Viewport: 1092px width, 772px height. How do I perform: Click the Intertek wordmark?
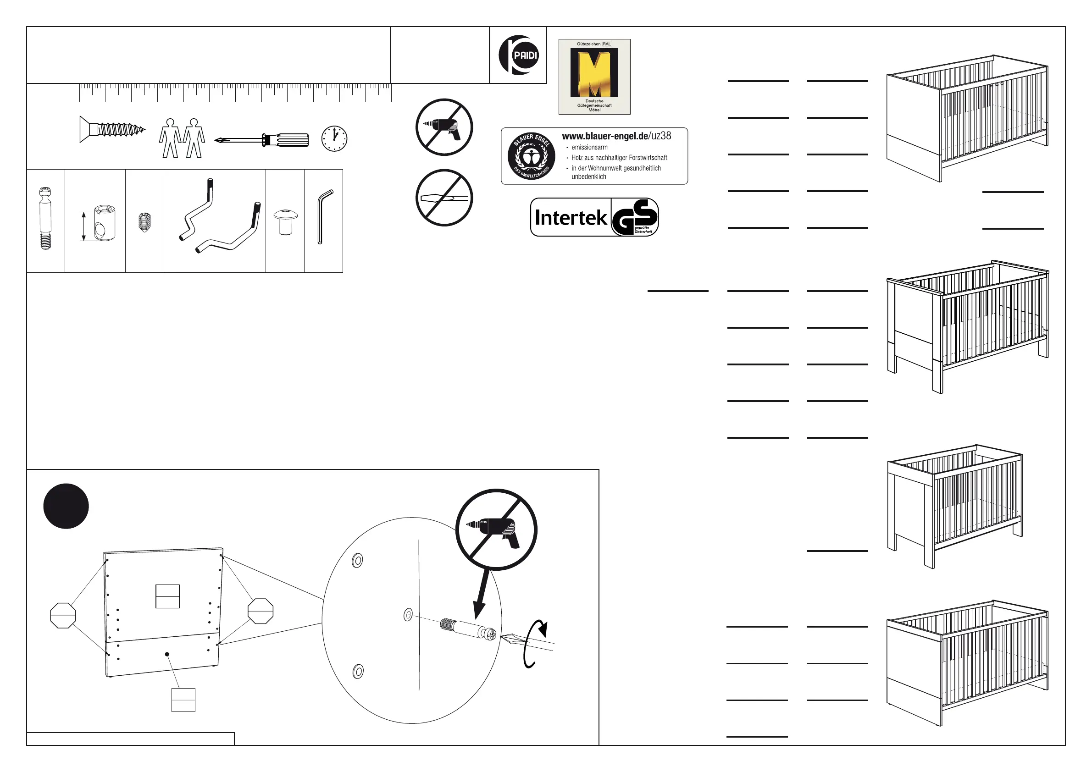[x=571, y=218]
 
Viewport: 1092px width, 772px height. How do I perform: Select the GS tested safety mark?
[x=635, y=218]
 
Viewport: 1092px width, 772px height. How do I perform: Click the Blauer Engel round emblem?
[x=531, y=156]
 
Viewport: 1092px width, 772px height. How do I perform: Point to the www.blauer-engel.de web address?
[x=616, y=136]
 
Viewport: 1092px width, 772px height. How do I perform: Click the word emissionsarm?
[x=589, y=147]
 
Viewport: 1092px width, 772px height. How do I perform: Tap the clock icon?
[x=334, y=138]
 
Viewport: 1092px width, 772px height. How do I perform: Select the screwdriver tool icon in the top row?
[x=261, y=140]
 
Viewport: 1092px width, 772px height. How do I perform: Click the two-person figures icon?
[x=182, y=138]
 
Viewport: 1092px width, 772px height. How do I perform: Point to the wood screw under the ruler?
[x=112, y=129]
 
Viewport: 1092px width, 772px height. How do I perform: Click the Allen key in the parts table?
[x=324, y=217]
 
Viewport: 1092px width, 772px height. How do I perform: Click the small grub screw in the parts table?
[x=144, y=221]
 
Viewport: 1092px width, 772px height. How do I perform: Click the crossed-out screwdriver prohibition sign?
[x=444, y=198]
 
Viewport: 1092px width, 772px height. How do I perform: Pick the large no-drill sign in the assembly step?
[x=496, y=529]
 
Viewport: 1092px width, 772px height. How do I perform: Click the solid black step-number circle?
[x=66, y=506]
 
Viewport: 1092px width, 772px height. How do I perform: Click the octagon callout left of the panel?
[x=63, y=615]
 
